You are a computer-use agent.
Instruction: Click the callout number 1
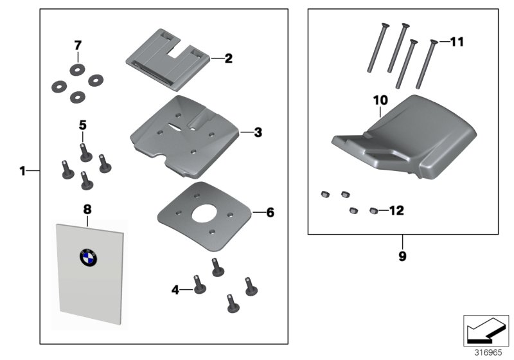coord(22,171)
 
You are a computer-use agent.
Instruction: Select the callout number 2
coord(228,59)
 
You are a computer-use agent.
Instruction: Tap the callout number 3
coord(258,132)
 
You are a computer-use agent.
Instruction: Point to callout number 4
coord(174,291)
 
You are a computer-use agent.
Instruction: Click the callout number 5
coord(82,123)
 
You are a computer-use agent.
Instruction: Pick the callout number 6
coord(270,212)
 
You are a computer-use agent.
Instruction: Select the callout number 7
coord(78,45)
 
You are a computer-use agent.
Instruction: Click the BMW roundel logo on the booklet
coord(88,258)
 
